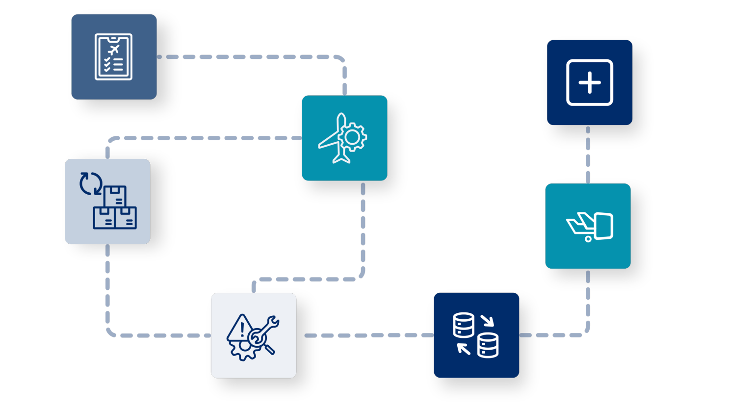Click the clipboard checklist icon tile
click(x=114, y=57)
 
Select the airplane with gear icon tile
click(x=344, y=138)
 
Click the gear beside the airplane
click(x=352, y=137)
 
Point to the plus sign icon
click(x=590, y=82)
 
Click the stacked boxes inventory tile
click(x=107, y=201)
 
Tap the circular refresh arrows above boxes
click(x=91, y=183)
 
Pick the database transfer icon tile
click(x=476, y=335)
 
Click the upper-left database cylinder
click(x=463, y=325)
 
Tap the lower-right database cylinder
click(x=488, y=345)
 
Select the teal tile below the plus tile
click(x=588, y=226)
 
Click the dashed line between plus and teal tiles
click(x=588, y=154)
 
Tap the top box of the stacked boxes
click(x=115, y=196)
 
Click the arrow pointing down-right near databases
click(x=487, y=321)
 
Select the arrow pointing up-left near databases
click(x=463, y=349)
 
